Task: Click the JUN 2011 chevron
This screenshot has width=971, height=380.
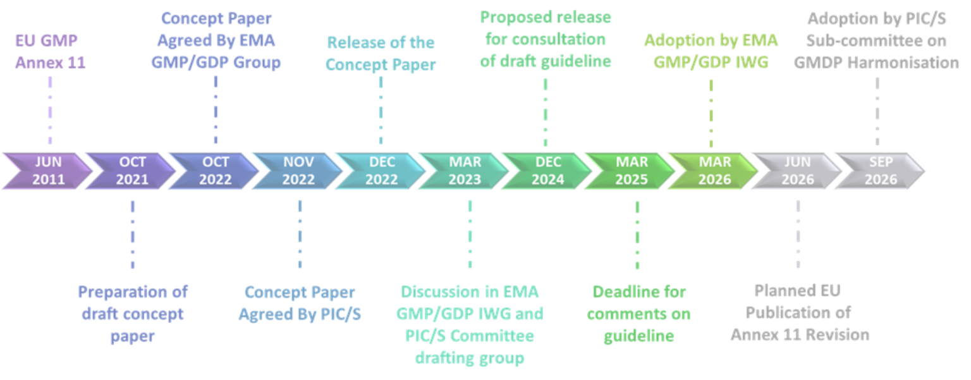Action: click(x=48, y=171)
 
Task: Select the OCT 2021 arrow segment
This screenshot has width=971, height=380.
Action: click(x=132, y=171)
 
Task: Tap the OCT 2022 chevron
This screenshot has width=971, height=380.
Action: click(x=216, y=171)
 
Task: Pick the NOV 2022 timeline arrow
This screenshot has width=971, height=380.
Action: click(x=298, y=171)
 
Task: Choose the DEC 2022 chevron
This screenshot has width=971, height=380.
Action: click(x=382, y=171)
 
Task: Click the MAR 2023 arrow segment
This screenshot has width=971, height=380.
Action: click(x=465, y=171)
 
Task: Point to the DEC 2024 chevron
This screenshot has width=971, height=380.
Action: click(x=548, y=171)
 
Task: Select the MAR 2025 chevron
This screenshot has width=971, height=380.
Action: click(x=632, y=171)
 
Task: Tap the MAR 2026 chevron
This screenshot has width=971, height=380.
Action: click(x=715, y=171)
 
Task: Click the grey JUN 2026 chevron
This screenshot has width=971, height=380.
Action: click(x=798, y=171)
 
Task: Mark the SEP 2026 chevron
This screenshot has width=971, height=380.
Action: click(x=881, y=171)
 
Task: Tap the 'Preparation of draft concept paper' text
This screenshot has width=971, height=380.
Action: click(x=132, y=314)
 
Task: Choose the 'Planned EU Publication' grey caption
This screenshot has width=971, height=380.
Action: click(x=798, y=314)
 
